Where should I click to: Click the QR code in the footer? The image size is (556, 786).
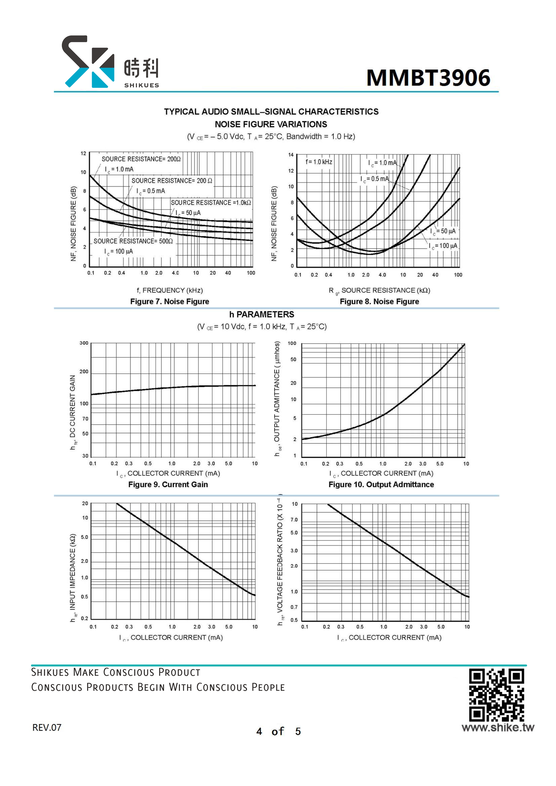[496, 695]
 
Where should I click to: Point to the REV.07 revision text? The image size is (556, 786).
[47, 728]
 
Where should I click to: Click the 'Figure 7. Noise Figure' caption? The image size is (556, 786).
[169, 301]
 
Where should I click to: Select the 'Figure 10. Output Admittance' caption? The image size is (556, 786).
[381, 484]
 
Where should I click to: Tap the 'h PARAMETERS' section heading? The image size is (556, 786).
[262, 314]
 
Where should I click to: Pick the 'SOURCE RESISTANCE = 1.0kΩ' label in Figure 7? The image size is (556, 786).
[211, 203]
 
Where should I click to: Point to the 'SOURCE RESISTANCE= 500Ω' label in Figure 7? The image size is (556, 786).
[133, 241]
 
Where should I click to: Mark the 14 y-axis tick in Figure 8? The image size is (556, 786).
[291, 155]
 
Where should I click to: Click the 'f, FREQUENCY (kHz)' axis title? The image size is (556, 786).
[170, 290]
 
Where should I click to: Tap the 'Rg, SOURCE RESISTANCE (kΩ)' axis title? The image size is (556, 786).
[380, 291]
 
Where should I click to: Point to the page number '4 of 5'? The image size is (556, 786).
[278, 731]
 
